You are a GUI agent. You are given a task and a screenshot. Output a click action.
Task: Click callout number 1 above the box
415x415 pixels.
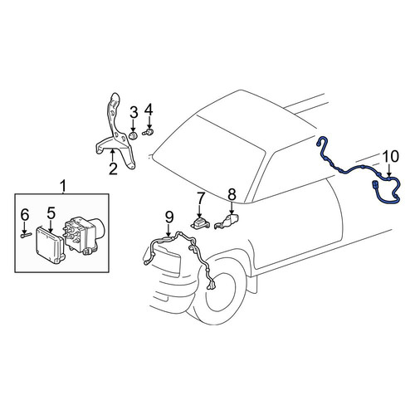click(63, 186)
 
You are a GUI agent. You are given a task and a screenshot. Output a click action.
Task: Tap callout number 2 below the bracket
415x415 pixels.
click(113, 168)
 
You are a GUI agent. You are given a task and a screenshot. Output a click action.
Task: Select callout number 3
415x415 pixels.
click(134, 113)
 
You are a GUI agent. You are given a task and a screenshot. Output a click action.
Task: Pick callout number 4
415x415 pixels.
click(149, 110)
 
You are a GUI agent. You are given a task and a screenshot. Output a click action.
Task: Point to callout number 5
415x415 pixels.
click(51, 212)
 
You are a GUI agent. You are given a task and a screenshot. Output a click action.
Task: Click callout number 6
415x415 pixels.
click(25, 215)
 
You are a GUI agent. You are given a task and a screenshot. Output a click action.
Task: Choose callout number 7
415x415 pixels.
click(200, 198)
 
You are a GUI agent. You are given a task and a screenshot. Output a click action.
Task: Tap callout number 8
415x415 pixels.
click(232, 194)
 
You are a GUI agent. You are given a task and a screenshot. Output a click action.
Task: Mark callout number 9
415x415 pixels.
click(169, 217)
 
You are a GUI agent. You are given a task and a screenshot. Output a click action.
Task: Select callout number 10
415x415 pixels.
click(391, 156)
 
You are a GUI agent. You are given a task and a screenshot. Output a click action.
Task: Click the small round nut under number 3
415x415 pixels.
click(134, 136)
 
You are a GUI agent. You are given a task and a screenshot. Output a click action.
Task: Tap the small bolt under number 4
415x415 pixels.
click(149, 132)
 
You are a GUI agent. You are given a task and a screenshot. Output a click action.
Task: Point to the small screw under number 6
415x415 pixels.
click(26, 235)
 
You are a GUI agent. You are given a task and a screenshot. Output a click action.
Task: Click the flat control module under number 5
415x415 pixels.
click(50, 245)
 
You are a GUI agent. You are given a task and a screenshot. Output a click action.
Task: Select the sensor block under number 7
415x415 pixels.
click(199, 223)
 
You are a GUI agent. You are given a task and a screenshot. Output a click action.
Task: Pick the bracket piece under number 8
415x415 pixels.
click(227, 221)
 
